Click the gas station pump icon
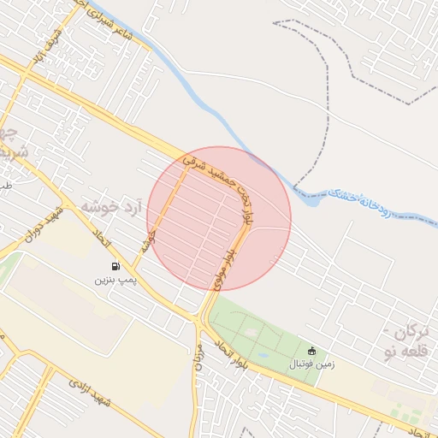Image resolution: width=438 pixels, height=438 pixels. click(115, 265)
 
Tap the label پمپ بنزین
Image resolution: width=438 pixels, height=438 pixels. click(114, 280)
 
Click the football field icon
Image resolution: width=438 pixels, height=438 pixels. click(311, 351)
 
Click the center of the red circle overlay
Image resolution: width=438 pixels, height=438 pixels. click(219, 218)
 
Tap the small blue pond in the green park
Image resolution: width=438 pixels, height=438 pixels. click(261, 353)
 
